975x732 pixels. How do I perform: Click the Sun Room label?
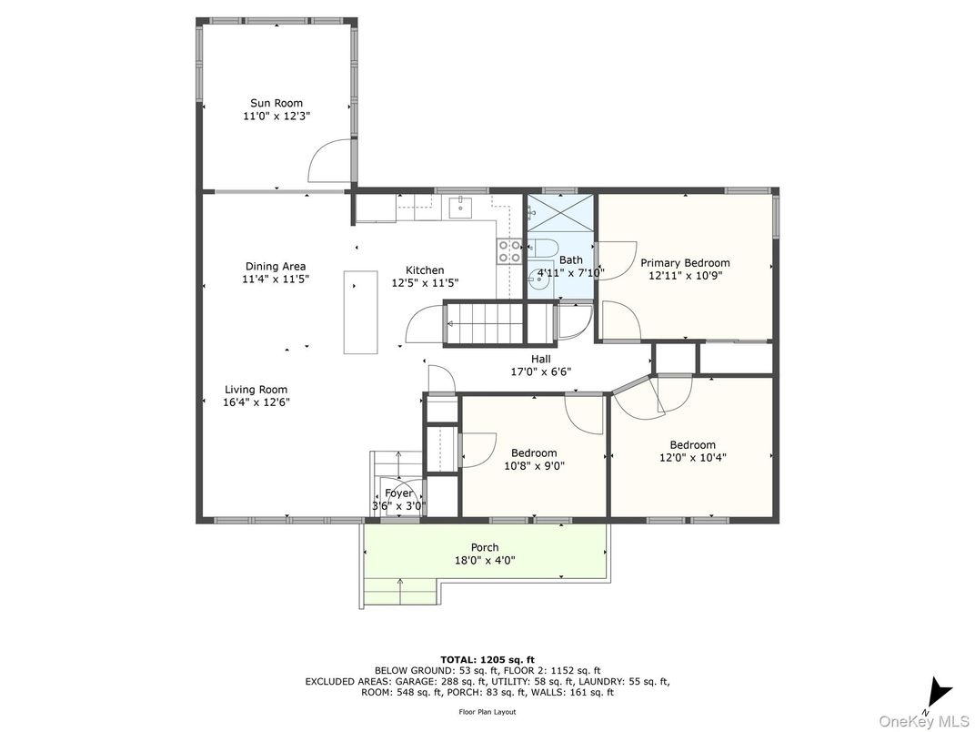276,103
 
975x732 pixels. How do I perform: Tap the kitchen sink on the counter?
462,208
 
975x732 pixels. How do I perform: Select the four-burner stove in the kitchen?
508,251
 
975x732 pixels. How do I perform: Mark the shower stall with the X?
561,213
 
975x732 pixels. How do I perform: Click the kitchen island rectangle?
360,311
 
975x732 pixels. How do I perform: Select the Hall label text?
541,359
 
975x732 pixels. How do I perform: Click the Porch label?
485,547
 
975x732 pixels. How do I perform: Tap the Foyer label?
398,493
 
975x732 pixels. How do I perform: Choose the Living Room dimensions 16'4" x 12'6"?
256,402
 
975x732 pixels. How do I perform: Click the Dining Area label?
276,267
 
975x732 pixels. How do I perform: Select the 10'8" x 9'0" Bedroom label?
534,453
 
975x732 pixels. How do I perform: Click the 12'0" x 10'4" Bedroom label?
692,445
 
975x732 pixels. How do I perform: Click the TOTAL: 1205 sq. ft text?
487,658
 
